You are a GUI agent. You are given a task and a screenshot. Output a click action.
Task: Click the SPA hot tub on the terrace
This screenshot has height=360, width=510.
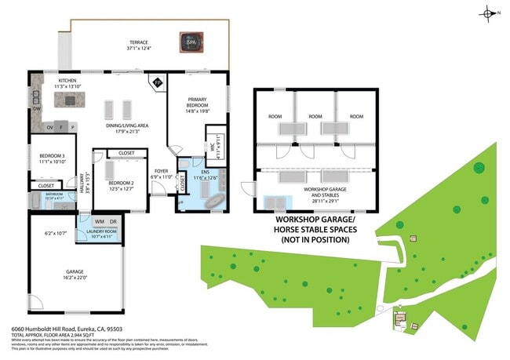188,41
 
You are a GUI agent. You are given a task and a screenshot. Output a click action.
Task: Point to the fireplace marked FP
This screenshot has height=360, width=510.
157,82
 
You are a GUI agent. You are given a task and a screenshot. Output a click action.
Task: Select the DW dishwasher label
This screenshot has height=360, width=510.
36,99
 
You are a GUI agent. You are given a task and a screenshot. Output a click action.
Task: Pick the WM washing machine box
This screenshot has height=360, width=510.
99,222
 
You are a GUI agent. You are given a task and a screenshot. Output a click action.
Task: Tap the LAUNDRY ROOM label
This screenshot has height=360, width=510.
102,232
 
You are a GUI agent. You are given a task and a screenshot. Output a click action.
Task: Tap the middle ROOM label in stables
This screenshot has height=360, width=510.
315,116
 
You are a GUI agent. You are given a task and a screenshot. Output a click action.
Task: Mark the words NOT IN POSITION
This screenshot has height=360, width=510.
314,240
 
